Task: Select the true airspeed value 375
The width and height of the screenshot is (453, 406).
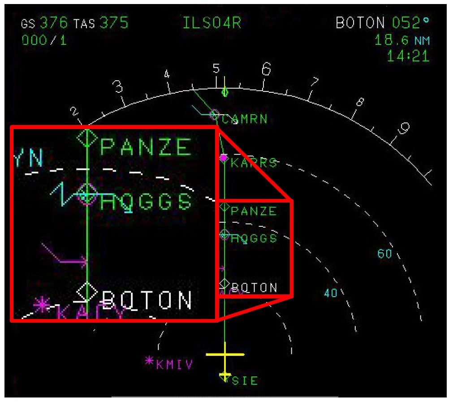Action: click(113, 23)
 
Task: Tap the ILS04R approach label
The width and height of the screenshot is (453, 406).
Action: click(212, 23)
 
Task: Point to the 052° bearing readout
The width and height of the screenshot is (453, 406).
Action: click(410, 23)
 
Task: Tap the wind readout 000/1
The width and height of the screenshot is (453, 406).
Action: click(44, 40)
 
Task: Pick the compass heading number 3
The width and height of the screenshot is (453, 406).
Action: click(118, 87)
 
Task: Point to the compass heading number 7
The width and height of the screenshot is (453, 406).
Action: click(315, 82)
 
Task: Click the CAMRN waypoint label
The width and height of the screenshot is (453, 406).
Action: click(245, 119)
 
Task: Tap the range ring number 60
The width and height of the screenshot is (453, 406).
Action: click(384, 254)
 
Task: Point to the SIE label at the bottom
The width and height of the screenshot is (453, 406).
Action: click(245, 381)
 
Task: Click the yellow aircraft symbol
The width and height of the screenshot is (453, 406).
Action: click(224, 355)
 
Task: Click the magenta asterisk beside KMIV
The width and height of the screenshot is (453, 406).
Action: click(149, 360)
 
